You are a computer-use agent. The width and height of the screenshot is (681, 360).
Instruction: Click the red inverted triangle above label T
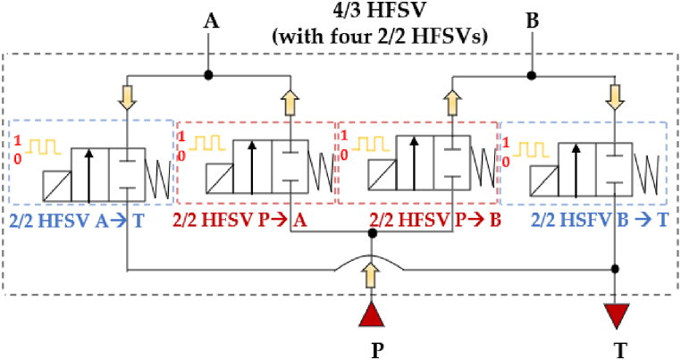(616, 315)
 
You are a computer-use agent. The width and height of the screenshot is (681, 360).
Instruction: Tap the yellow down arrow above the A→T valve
(128, 96)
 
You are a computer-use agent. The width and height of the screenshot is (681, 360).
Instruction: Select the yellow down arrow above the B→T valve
(615, 96)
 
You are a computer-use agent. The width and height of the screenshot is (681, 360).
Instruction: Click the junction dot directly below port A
(209, 74)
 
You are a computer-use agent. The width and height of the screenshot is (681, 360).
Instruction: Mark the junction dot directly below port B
(533, 74)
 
